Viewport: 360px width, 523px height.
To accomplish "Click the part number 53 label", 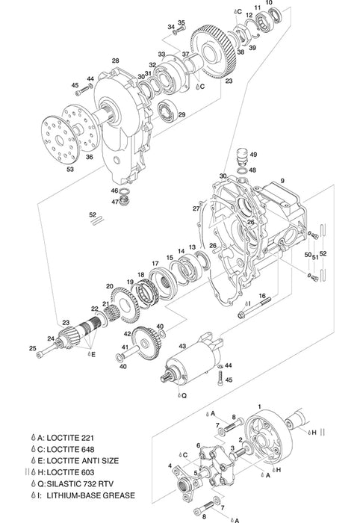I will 49,170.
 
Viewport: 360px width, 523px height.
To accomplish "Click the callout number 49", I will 254,155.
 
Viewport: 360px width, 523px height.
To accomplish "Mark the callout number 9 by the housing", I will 283,181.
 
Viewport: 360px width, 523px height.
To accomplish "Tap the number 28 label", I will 116,61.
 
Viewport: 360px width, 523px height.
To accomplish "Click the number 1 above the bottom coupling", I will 260,404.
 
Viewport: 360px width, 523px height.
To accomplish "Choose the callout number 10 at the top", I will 269,4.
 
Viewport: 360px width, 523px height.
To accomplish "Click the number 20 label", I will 110,286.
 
